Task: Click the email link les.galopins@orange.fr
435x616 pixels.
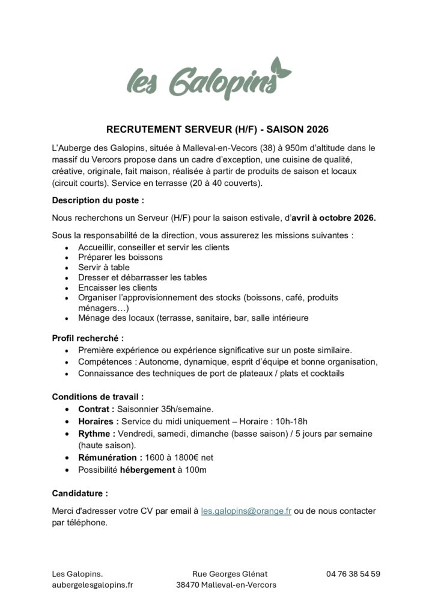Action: pyautogui.click(x=246, y=511)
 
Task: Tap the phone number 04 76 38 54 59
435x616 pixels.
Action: pyautogui.click(x=353, y=573)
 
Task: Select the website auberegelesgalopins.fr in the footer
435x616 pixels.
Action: pyautogui.click(x=93, y=585)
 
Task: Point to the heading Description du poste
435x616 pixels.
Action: pyautogui.click(x=98, y=200)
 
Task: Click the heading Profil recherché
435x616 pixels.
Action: pyautogui.click(x=88, y=338)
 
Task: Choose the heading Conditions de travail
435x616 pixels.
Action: pyautogui.click(x=98, y=397)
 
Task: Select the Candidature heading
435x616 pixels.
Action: pyautogui.click(x=80, y=493)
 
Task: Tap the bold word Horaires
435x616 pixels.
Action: pyautogui.click(x=98, y=421)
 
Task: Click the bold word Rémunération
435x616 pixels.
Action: pyautogui.click(x=111, y=458)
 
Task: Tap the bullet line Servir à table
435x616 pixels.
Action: pyautogui.click(x=103, y=267)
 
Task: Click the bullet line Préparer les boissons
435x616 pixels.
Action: pyautogui.click(x=120, y=257)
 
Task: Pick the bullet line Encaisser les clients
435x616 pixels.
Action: pyautogui.click(x=118, y=288)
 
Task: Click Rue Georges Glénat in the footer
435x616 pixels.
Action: pyautogui.click(x=230, y=573)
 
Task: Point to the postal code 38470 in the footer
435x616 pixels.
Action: pyautogui.click(x=188, y=585)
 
